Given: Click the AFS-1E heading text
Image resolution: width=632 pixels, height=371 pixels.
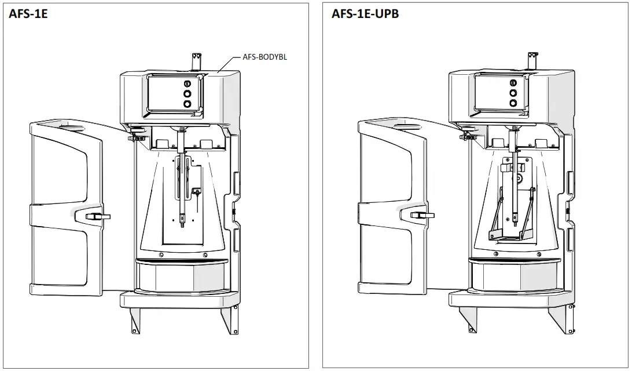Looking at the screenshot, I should point(28,14).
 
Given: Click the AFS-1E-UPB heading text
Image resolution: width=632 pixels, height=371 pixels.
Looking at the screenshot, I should point(365,13).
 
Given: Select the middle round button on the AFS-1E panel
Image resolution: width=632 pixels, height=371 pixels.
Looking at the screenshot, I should point(187,93).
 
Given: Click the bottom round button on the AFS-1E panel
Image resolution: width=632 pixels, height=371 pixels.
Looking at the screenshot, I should point(187,104).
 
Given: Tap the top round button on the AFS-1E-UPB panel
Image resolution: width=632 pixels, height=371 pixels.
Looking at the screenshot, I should point(513,82).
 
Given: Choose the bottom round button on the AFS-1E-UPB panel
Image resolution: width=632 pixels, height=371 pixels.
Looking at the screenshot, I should point(513,103).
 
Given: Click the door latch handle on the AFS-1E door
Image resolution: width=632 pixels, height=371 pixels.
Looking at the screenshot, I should point(97,216).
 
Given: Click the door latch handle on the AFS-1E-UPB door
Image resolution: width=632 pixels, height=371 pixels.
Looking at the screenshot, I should point(422,215).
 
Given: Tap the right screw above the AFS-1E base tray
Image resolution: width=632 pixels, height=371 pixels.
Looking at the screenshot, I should point(205,255).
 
